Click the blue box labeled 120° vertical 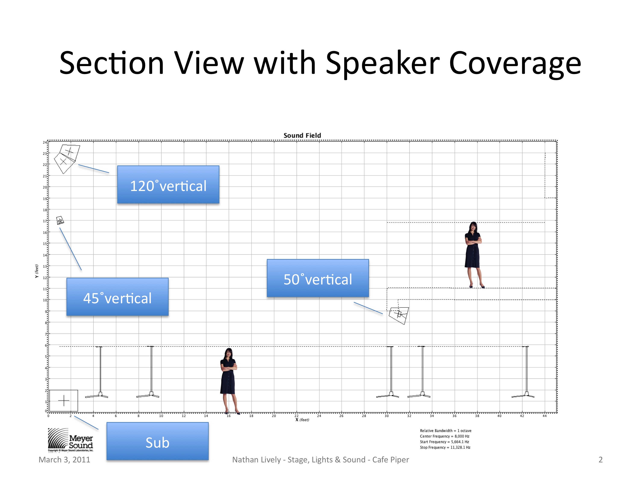pyautogui.click(x=168, y=184)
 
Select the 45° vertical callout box pyautogui.click(x=117, y=297)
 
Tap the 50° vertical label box pyautogui.click(x=318, y=278)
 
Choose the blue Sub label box pyautogui.click(x=157, y=441)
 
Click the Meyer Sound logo pyautogui.click(x=70, y=440)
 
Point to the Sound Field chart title pyautogui.click(x=302, y=135)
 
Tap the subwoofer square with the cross pyautogui.click(x=63, y=400)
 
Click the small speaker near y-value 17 pyautogui.click(x=60, y=220)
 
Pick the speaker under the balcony pyautogui.click(x=399, y=315)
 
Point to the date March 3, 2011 pyautogui.click(x=64, y=460)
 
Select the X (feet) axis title pyautogui.click(x=302, y=420)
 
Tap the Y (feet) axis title pyautogui.click(x=37, y=271)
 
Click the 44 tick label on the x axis pyautogui.click(x=545, y=416)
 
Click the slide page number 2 pyautogui.click(x=600, y=460)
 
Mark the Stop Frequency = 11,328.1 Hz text pyautogui.click(x=445, y=447)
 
